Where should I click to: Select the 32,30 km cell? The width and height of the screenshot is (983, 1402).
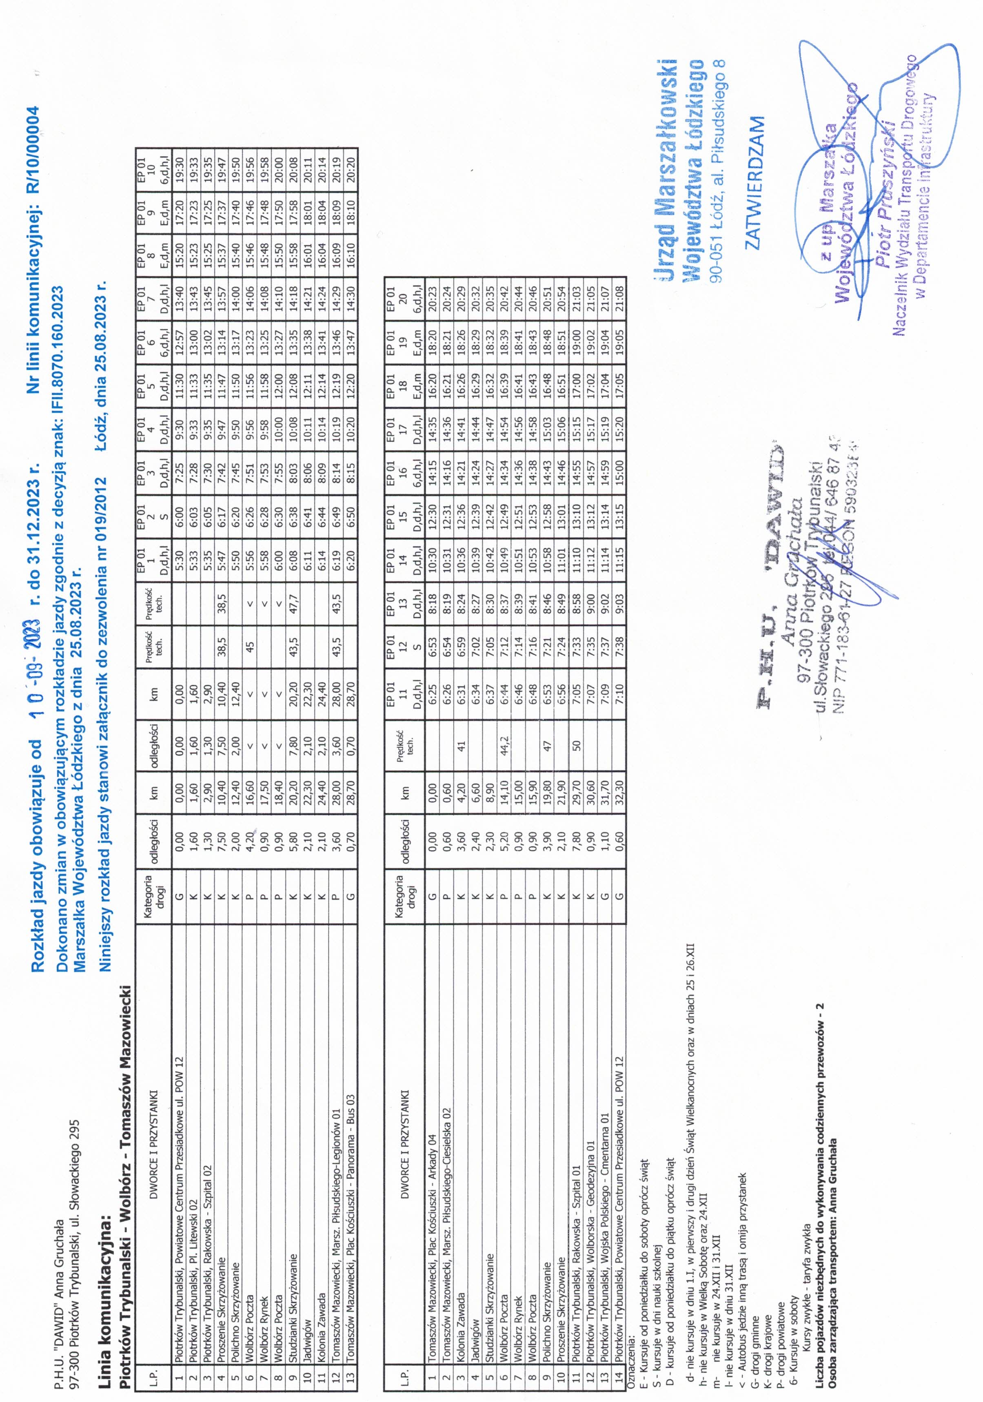(x=620, y=792)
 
